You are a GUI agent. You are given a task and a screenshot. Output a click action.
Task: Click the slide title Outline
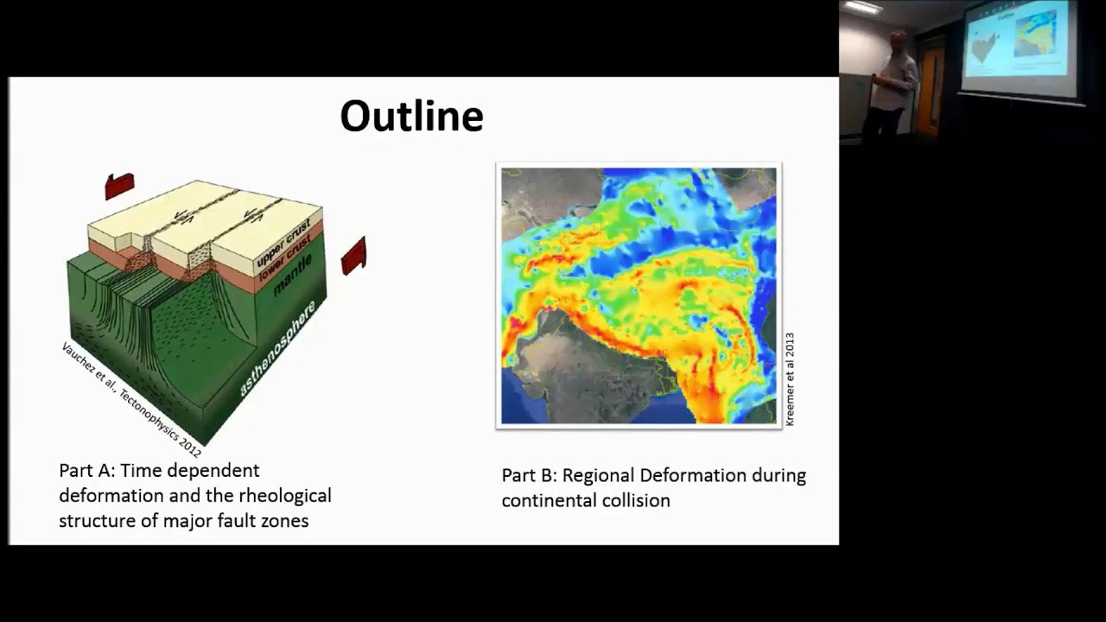point(411,117)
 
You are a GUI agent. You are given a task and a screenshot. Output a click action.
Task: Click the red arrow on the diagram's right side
point(354,256)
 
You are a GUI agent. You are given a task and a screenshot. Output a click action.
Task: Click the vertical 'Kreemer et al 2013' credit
point(790,379)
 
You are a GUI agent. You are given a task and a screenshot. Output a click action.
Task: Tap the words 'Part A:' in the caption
point(86,471)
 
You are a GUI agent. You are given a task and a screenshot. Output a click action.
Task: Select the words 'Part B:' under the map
point(527,476)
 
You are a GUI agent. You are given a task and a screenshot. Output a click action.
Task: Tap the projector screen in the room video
point(1020,49)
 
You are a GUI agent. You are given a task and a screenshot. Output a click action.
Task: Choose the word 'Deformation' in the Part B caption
point(694,476)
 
